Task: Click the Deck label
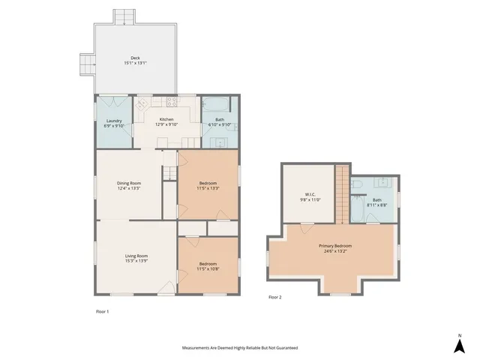pyautogui.click(x=135, y=58)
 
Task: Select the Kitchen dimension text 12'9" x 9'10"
pyautogui.click(x=166, y=124)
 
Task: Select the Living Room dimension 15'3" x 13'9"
pyautogui.click(x=136, y=260)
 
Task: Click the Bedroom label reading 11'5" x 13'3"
pyautogui.click(x=208, y=188)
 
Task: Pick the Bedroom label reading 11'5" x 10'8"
pyautogui.click(x=208, y=268)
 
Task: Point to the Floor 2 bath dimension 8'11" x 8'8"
pyautogui.click(x=376, y=205)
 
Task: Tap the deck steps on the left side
pyautogui.click(x=88, y=66)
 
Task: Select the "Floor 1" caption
pyautogui.click(x=103, y=310)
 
